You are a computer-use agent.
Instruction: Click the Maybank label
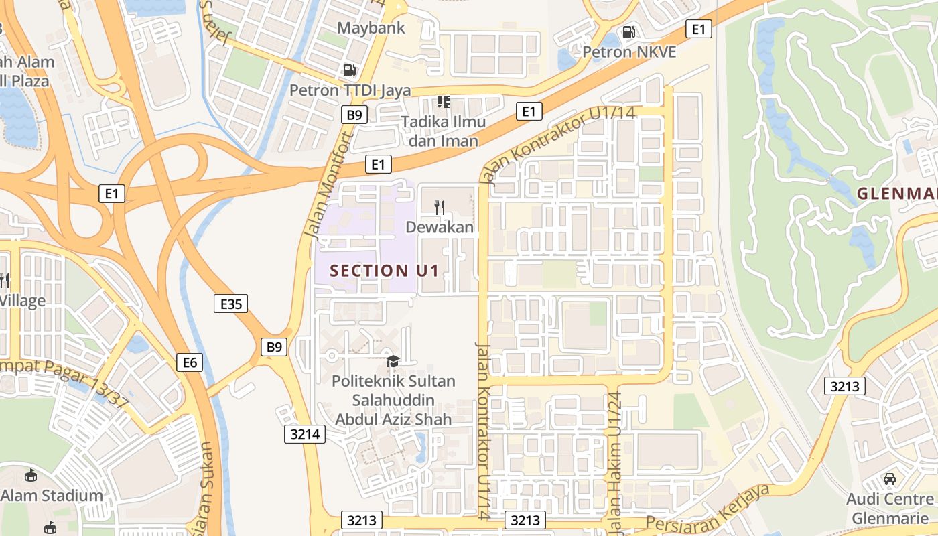pyautogui.click(x=371, y=28)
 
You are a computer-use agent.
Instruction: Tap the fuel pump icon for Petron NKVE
pyautogui.click(x=628, y=31)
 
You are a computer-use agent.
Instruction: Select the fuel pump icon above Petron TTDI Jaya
pyautogui.click(x=349, y=70)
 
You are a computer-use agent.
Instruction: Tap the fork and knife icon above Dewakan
pyautogui.click(x=440, y=207)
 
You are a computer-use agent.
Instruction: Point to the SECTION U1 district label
pyautogui.click(x=385, y=271)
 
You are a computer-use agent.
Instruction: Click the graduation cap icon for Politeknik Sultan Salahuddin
pyautogui.click(x=393, y=362)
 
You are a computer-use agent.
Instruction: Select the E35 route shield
pyautogui.click(x=231, y=304)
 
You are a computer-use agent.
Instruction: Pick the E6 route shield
pyautogui.click(x=190, y=362)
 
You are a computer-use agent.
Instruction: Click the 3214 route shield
pyautogui.click(x=304, y=433)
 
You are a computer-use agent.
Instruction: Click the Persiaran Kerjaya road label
pyautogui.click(x=708, y=507)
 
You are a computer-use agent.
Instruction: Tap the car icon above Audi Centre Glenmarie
pyautogui.click(x=890, y=479)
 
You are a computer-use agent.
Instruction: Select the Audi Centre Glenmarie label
pyautogui.click(x=890, y=509)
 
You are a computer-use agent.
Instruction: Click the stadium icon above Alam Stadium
pyautogui.click(x=31, y=476)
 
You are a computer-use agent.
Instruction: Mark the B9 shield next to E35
pyautogui.click(x=274, y=347)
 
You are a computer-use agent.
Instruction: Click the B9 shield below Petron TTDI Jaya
pyautogui.click(x=354, y=115)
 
